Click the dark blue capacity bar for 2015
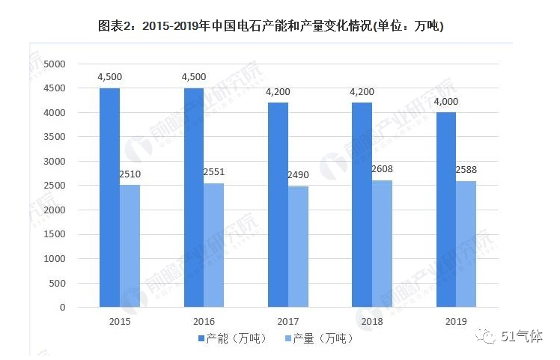pyautogui.click(x=109, y=198)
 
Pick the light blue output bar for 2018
pyautogui.click(x=382, y=243)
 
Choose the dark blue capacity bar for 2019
pyautogui.click(x=446, y=210)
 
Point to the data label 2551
pyautogui.click(x=213, y=173)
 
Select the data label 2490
pyautogui.click(x=298, y=176)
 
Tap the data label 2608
pyautogui.click(x=382, y=170)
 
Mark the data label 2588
pyautogui.click(x=466, y=171)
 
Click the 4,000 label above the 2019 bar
pyautogui.click(x=446, y=102)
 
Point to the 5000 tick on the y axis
pyautogui.click(x=55, y=64)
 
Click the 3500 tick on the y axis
pyautogui.click(x=55, y=137)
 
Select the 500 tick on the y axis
pyautogui.click(x=58, y=283)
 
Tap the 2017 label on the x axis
pyautogui.click(x=288, y=321)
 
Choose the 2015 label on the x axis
pyautogui.click(x=120, y=321)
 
